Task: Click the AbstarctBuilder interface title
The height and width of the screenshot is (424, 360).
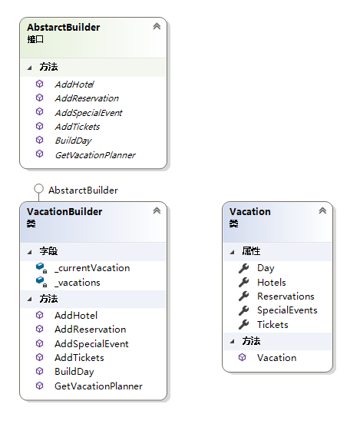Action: (x=64, y=28)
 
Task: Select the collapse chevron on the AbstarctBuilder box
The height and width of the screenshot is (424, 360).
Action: (x=157, y=26)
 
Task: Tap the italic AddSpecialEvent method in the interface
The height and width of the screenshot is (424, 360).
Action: (x=88, y=113)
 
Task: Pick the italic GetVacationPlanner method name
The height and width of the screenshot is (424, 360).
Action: (x=95, y=155)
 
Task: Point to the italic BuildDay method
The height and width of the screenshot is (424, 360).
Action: (x=73, y=141)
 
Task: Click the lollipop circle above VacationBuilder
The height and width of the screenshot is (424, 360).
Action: (x=38, y=188)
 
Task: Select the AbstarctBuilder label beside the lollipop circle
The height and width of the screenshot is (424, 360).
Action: (x=83, y=190)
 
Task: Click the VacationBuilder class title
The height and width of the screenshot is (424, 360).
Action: (x=64, y=211)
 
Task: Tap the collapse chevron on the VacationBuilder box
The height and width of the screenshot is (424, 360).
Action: (x=157, y=210)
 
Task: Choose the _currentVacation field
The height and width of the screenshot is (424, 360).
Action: (x=92, y=268)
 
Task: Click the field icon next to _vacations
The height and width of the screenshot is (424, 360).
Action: (x=41, y=281)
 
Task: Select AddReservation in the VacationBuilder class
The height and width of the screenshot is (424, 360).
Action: (x=91, y=330)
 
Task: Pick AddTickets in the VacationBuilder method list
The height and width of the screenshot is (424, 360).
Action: (x=79, y=358)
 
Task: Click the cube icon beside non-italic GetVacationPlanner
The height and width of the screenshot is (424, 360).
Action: (x=39, y=386)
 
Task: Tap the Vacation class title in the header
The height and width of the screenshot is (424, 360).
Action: (x=250, y=211)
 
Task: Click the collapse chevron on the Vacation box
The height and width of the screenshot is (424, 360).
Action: (x=322, y=210)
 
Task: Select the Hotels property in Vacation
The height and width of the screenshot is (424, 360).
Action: (x=272, y=283)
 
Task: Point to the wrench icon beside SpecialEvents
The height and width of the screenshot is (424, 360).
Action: (x=243, y=310)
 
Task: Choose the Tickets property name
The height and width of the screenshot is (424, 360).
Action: (x=272, y=324)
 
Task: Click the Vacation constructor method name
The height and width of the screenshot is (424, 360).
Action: (x=277, y=358)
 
